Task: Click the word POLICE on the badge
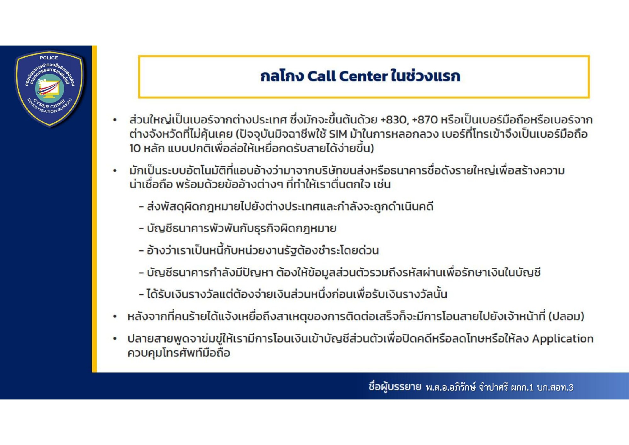(49, 58)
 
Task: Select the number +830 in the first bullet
(394, 120)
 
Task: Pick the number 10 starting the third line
(135, 148)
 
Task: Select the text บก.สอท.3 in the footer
(555, 387)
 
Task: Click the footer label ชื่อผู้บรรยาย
(395, 387)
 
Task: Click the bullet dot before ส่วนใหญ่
(115, 120)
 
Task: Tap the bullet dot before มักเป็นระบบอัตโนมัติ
(115, 171)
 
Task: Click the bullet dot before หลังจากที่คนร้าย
(115, 317)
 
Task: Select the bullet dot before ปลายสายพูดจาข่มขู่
(115, 339)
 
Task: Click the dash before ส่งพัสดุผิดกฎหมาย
(141, 207)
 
